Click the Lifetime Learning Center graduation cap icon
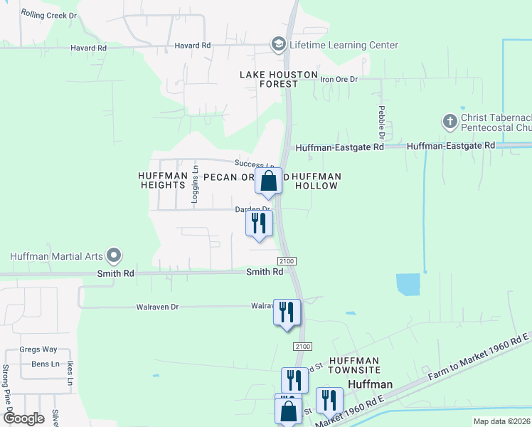[x=278, y=46]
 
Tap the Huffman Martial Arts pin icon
[x=113, y=255]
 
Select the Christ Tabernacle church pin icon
[x=449, y=122]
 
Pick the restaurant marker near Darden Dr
[x=259, y=223]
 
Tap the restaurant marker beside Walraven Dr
[x=287, y=312]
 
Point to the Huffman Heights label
[x=164, y=181]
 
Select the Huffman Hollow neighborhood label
[x=316, y=181]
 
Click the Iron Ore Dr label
[x=339, y=79]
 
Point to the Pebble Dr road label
[x=382, y=122]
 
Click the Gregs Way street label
[x=38, y=349]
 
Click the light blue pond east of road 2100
[x=408, y=285]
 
